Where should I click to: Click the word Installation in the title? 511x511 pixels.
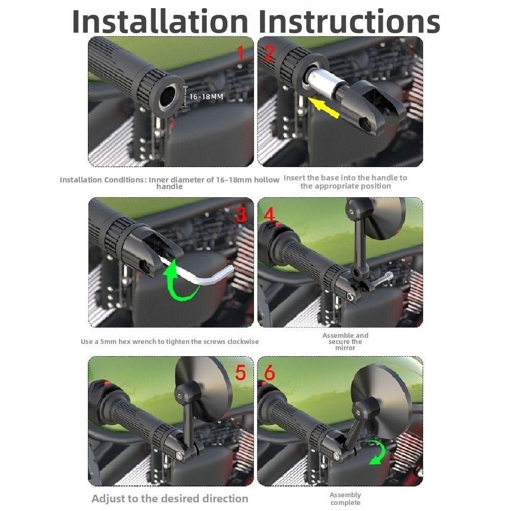click(160, 21)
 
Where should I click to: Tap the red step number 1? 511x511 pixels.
click(240, 53)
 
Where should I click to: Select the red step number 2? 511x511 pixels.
click(269, 53)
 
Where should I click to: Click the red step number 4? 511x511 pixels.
click(269, 214)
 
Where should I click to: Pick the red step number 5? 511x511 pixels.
click(240, 373)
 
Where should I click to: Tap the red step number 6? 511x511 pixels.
click(269, 373)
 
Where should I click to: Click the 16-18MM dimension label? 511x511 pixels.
click(206, 96)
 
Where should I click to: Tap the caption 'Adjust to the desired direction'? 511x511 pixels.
click(170, 499)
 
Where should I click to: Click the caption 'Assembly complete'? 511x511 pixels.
click(345, 499)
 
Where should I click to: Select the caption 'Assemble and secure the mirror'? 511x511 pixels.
click(345, 341)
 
